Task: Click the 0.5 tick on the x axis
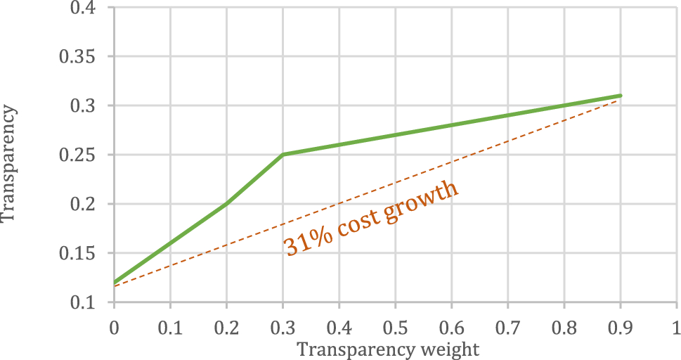click(395, 328)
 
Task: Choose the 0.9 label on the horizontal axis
click(620, 328)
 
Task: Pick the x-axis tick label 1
click(676, 328)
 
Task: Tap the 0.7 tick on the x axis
click(507, 328)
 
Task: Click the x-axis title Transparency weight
click(388, 349)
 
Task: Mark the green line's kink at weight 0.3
click(283, 155)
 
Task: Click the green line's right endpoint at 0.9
click(620, 96)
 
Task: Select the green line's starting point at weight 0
click(114, 283)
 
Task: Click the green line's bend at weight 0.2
click(226, 204)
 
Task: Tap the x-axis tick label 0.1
click(170, 328)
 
